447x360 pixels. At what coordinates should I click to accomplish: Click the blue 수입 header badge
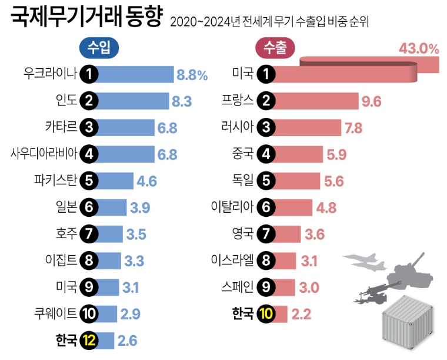coord(98,48)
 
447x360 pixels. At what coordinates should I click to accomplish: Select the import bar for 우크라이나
coord(135,74)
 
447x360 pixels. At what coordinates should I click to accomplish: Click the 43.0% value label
coord(419,48)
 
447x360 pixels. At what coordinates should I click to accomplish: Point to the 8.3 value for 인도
coord(182,101)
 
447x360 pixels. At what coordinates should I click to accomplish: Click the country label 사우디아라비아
coord(44,154)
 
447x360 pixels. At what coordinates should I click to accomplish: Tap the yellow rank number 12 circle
coord(89,340)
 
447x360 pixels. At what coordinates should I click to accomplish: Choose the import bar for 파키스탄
coord(115,180)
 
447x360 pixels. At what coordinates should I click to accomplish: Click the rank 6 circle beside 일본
coord(89,207)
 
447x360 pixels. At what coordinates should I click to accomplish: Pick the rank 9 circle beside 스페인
coord(266,287)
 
